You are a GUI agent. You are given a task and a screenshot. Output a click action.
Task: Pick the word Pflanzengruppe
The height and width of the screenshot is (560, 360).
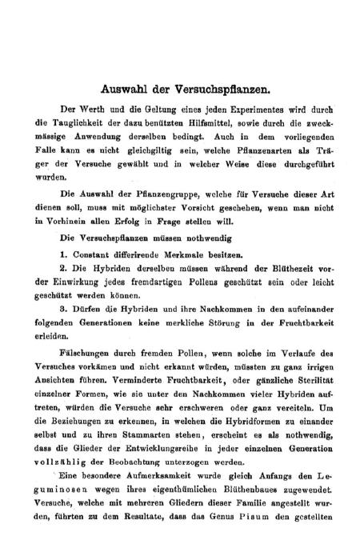153,194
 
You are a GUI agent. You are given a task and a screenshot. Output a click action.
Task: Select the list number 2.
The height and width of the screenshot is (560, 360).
63,270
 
